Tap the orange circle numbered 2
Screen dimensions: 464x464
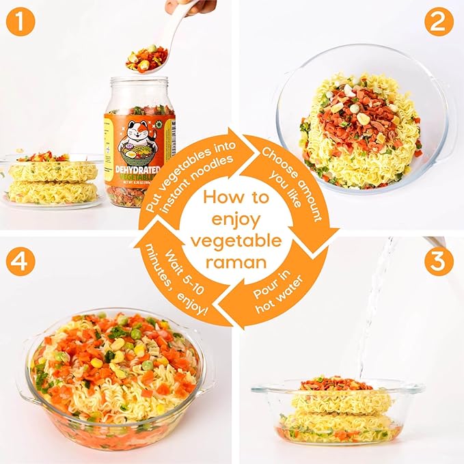point(439,25)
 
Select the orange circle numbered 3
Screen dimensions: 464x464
point(439,262)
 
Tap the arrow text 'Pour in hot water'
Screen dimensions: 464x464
point(277,290)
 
